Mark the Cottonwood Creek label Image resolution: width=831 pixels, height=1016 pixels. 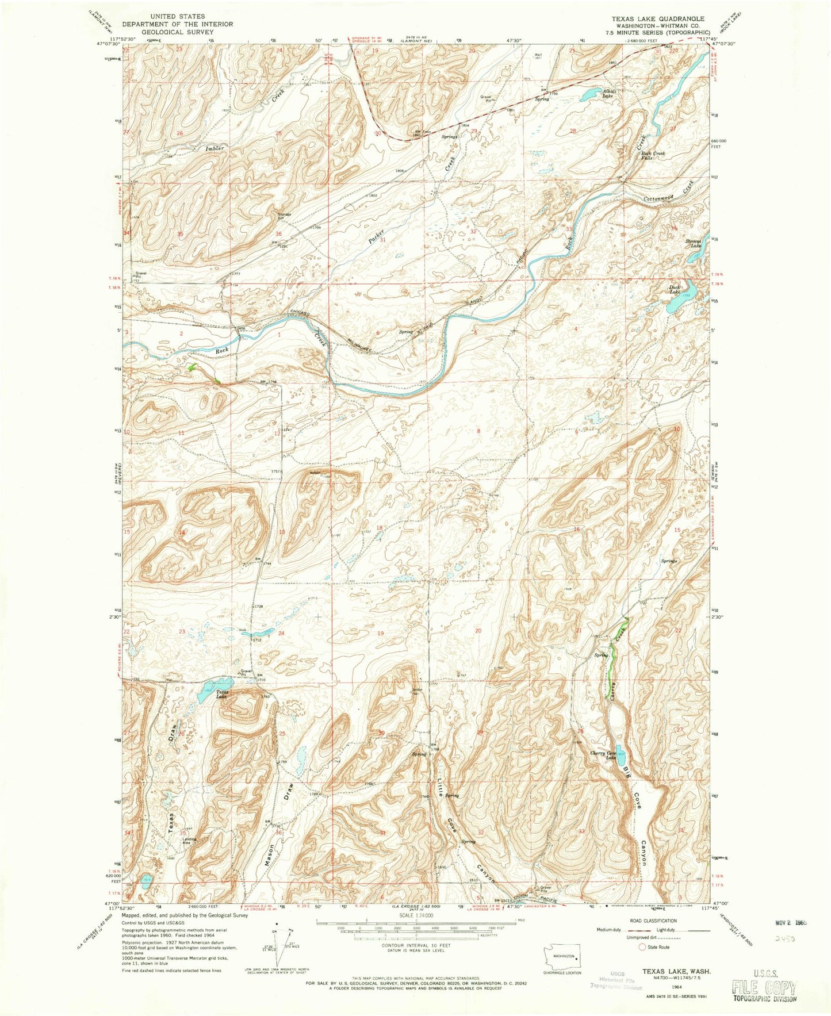pyautogui.click(x=670, y=194)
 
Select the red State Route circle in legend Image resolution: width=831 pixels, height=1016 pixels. pyautogui.click(x=642, y=946)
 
